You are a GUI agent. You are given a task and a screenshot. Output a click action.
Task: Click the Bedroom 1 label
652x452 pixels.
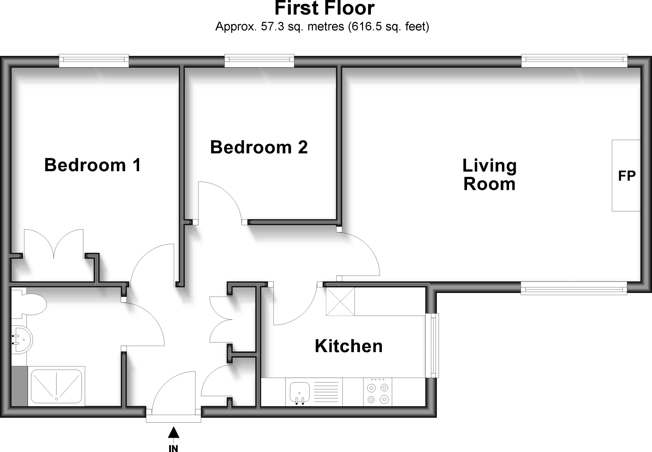[92, 165]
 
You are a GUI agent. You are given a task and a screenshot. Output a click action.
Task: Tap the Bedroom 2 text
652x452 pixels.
[259, 147]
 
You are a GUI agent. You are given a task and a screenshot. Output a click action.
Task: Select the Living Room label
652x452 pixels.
[489, 175]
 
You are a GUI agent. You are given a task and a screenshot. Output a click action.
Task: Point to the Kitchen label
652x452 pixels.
[349, 346]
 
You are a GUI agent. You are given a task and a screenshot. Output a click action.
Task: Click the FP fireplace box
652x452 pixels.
[626, 176]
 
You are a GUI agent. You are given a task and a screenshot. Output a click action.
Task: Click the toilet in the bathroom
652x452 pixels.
[32, 304]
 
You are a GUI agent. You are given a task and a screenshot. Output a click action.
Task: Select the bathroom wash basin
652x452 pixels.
[22, 340]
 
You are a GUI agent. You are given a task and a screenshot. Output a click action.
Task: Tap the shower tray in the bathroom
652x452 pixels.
[56, 386]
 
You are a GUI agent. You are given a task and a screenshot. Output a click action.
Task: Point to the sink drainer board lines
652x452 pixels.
[326, 392]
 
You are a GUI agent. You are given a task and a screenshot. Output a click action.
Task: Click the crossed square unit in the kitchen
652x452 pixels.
[340, 301]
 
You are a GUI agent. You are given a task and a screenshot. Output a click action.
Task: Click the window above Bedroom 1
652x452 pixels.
[94, 61]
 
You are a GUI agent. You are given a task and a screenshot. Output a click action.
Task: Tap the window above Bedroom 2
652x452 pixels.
[259, 61]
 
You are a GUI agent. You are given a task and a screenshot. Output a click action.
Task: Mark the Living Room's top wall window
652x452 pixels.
[574, 61]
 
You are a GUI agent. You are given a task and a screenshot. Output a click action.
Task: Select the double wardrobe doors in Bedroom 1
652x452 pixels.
[54, 245]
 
